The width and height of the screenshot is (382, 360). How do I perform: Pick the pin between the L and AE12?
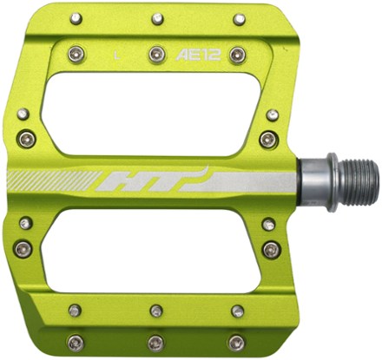coord(156,55)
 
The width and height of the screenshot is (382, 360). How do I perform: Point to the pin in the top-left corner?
coord(76,17)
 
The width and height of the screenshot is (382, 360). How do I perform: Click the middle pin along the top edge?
coord(156,17)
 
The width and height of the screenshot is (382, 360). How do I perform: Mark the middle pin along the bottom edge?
coord(155,343)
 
